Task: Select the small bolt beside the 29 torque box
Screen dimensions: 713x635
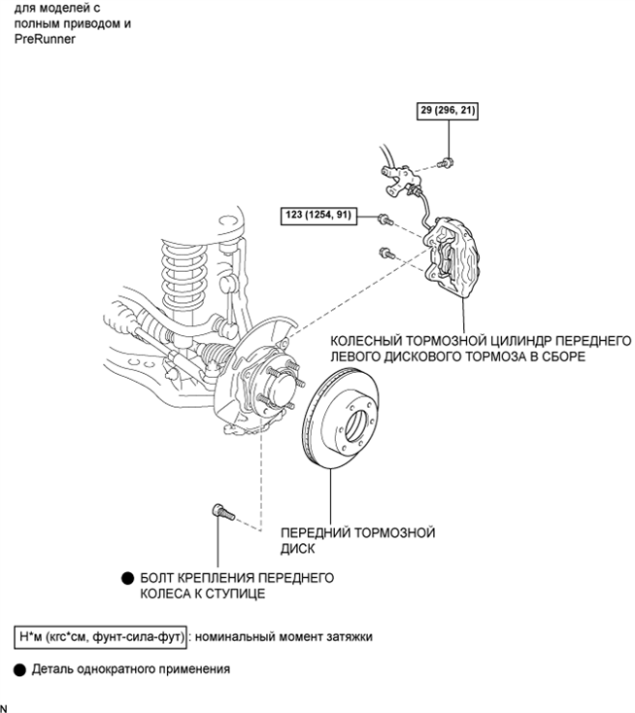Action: coord(446,162)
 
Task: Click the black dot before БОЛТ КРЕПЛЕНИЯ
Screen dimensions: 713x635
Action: coord(127,578)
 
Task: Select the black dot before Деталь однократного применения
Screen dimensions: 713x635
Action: coord(19,669)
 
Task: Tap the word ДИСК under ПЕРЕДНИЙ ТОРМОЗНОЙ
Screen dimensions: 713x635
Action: coord(297,549)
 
